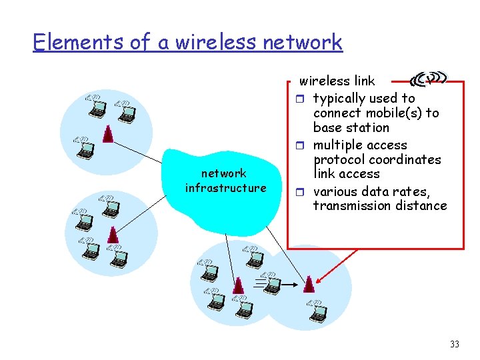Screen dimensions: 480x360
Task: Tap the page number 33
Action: pos(455,344)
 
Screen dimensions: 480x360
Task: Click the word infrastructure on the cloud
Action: pos(225,188)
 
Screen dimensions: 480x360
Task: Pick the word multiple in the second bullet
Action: pos(339,145)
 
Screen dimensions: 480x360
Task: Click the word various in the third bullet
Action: pos(336,191)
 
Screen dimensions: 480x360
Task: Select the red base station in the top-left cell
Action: pos(107,133)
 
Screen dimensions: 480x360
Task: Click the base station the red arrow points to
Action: pos(308,284)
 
